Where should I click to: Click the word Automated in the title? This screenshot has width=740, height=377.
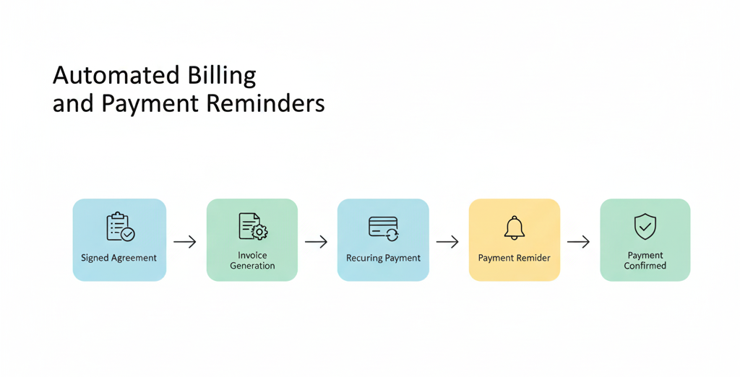click(116, 76)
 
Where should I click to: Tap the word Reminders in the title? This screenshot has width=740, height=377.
click(266, 103)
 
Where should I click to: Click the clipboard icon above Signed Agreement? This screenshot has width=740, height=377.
click(121, 227)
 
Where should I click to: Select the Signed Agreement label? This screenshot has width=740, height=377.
click(119, 258)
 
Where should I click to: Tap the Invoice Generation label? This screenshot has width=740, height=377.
click(252, 261)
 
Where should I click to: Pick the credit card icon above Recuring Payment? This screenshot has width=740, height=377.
click(383, 228)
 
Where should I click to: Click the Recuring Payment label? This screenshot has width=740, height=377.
click(383, 258)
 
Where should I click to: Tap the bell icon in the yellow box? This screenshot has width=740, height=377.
click(515, 228)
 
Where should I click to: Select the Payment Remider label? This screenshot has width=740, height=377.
click(515, 258)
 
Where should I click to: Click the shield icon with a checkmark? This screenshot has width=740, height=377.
click(645, 226)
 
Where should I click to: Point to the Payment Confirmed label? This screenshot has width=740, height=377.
click(645, 261)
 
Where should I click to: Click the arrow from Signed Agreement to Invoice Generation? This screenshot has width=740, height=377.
click(184, 242)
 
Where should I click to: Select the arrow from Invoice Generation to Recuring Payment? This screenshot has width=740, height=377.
click(317, 242)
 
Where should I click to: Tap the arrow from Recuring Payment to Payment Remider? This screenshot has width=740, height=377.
click(447, 242)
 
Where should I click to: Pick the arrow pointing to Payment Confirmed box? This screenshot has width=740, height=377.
click(579, 242)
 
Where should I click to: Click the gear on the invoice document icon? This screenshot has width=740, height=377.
click(259, 232)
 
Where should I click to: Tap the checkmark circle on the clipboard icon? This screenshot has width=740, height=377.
click(127, 234)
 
